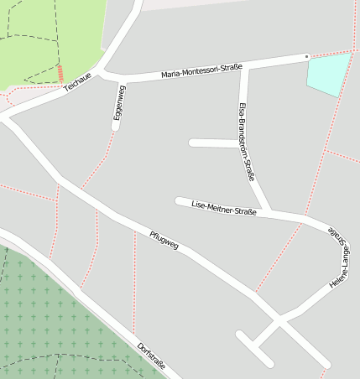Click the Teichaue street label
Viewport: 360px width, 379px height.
pos(77,82)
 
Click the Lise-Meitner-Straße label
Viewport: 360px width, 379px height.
pos(224,207)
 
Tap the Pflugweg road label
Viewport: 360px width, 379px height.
pos(164,240)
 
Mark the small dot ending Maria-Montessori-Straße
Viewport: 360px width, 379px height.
pos(307,56)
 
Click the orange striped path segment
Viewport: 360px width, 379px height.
pos(61,73)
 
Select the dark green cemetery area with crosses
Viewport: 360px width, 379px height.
pos(50,319)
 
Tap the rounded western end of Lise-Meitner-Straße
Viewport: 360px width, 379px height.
pos(179,200)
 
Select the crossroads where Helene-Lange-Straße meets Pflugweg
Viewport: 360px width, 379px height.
pos(279,319)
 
